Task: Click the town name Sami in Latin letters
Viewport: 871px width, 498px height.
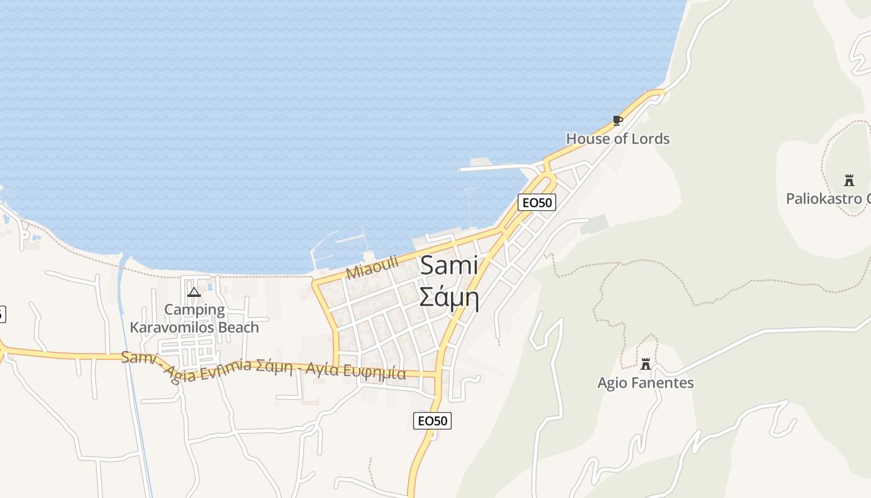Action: coord(449,266)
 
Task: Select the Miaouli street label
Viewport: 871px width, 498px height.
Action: coord(371,267)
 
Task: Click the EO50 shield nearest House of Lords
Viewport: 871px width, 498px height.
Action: coord(536,202)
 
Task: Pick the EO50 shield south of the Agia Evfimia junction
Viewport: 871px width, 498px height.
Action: coord(432,421)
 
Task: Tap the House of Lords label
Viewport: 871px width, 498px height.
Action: coord(617,139)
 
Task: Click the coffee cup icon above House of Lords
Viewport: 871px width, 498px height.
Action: coord(617,120)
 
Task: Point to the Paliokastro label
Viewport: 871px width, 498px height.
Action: coord(827,199)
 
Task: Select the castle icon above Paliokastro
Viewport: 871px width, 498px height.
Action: coord(849,181)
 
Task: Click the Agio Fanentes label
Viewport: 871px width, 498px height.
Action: coord(645,383)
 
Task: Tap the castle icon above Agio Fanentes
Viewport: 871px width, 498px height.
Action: coord(646,364)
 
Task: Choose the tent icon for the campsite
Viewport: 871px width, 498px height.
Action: coord(194,291)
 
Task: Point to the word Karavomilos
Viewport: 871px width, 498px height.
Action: coord(171,327)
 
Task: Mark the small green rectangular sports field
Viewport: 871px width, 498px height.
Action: coord(594,224)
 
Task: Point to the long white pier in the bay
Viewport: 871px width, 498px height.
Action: coord(498,167)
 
